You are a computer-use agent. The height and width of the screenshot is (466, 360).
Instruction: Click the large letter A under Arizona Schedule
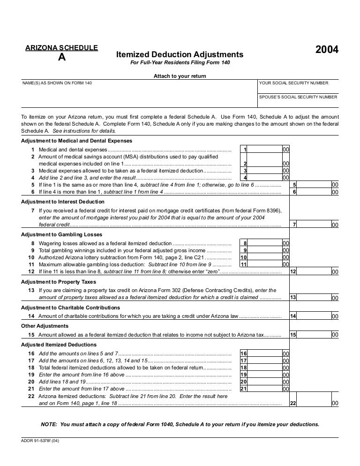tap(61, 58)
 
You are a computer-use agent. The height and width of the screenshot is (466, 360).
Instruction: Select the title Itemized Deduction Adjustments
tap(180, 54)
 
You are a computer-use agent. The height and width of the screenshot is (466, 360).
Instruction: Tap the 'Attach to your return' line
tap(180, 76)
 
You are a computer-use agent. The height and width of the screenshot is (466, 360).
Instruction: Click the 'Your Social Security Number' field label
tap(293, 83)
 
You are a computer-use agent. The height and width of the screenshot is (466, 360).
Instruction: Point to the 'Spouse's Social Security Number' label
tap(298, 97)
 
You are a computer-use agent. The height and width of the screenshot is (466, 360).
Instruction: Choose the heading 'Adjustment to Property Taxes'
tap(59, 282)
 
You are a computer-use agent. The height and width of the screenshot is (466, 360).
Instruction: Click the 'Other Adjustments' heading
tap(45, 326)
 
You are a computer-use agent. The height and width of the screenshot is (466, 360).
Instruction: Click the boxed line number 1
tap(245, 150)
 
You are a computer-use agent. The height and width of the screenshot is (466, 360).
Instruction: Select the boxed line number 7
tap(294, 225)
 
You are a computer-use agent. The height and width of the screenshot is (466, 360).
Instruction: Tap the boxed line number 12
tap(293, 272)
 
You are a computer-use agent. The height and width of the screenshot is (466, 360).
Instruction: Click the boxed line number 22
tap(293, 403)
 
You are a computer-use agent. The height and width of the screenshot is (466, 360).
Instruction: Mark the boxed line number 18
tap(243, 368)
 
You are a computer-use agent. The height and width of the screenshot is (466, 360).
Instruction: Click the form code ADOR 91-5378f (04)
tap(40, 440)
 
